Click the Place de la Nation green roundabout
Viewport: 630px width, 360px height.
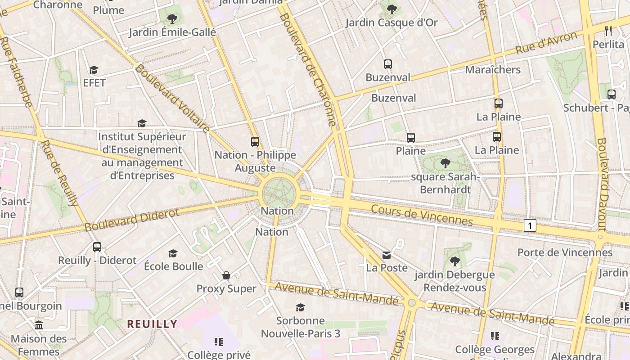coord(279,194)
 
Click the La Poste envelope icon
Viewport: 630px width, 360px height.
coord(387,255)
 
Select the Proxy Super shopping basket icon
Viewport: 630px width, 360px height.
coord(226,275)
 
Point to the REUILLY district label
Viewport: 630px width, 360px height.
coord(152,324)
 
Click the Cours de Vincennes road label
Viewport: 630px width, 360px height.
coord(422,215)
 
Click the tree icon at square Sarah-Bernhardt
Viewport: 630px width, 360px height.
coord(445,163)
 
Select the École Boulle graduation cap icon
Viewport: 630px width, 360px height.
coord(173,253)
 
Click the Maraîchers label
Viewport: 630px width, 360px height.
coord(493,70)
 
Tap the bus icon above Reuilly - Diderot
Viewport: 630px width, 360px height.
coord(97,247)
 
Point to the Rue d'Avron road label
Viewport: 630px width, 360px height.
coord(546,43)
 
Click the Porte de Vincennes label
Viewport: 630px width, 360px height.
coord(565,252)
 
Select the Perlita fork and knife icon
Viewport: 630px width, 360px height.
coord(609,31)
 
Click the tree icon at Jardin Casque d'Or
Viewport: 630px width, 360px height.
coord(392,9)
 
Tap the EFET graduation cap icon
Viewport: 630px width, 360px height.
coord(94,70)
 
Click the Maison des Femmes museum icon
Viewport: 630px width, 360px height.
coord(39,325)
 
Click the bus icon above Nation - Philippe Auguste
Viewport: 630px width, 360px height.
coord(255,142)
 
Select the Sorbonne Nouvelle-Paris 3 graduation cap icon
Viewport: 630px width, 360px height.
coord(300,307)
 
